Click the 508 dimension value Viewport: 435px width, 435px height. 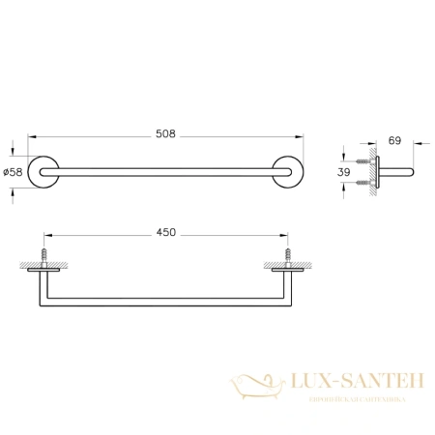[x=165, y=134]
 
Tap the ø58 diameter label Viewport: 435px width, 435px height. [x=13, y=171]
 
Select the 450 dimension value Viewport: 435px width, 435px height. [x=165, y=233]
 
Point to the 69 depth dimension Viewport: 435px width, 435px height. [x=393, y=141]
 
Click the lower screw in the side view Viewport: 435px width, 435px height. [x=364, y=181]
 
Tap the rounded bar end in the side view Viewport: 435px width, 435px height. [x=412, y=171]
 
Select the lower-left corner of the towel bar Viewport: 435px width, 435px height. [x=40, y=303]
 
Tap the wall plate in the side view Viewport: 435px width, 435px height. [x=377, y=171]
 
